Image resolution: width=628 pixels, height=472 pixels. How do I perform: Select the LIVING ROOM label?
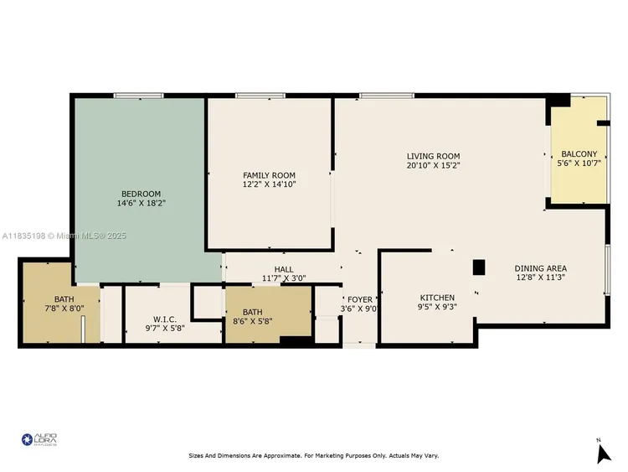433,156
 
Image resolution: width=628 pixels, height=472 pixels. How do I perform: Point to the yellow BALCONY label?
579,153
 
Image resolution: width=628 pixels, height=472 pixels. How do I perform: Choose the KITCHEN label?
437,298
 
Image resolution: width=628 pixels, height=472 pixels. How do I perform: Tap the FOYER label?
360,299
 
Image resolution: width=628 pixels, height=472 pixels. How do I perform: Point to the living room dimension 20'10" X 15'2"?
433,165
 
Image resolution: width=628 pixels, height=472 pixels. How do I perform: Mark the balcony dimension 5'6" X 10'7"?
579,163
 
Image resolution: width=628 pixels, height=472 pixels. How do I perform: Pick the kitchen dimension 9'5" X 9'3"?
437,308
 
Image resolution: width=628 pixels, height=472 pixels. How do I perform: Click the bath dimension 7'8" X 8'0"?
64,308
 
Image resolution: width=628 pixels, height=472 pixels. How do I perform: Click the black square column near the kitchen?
479,267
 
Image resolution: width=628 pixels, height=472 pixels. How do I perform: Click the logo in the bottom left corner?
39,438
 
